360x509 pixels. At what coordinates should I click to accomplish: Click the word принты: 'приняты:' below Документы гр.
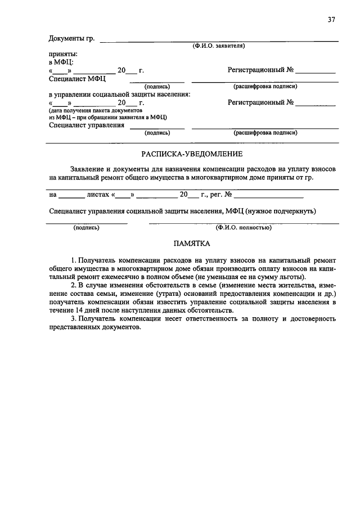[x=62, y=54]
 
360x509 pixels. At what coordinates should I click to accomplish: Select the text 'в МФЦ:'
[x=61, y=62]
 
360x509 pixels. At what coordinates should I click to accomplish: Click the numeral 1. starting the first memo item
[x=74, y=261]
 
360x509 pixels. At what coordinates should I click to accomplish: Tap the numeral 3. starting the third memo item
[x=74, y=319]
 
